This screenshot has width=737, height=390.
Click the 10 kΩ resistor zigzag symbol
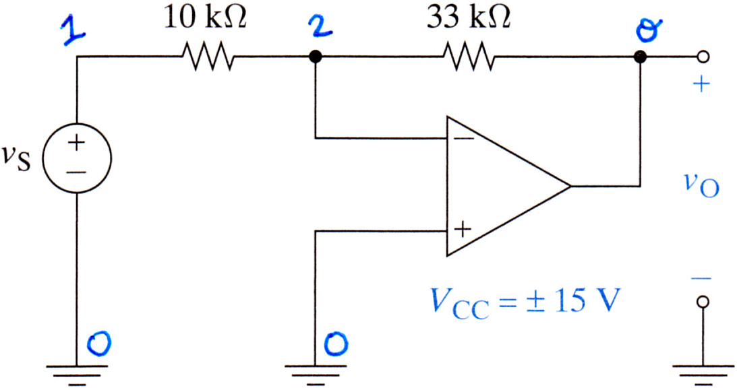click(207, 57)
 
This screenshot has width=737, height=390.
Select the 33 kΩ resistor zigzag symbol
click(468, 57)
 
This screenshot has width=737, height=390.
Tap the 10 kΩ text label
click(205, 18)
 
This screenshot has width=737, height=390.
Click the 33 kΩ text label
click(468, 18)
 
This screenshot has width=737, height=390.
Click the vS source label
click(16, 160)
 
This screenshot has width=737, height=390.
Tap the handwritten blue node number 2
click(320, 26)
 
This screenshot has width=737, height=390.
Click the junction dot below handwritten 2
click(316, 57)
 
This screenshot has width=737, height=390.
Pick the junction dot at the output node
click(640, 57)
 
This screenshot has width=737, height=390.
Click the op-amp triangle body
click(508, 187)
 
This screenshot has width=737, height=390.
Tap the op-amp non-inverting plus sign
click(463, 230)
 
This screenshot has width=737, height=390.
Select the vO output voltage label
click(701, 185)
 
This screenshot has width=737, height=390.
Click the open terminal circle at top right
click(703, 57)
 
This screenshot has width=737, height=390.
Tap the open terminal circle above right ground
click(703, 302)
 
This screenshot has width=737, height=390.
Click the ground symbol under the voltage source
click(77, 375)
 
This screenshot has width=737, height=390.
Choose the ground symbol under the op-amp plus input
click(316, 375)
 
